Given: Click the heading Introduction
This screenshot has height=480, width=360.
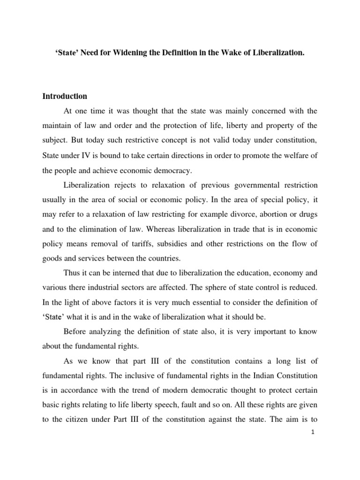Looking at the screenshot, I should click(65, 96).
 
